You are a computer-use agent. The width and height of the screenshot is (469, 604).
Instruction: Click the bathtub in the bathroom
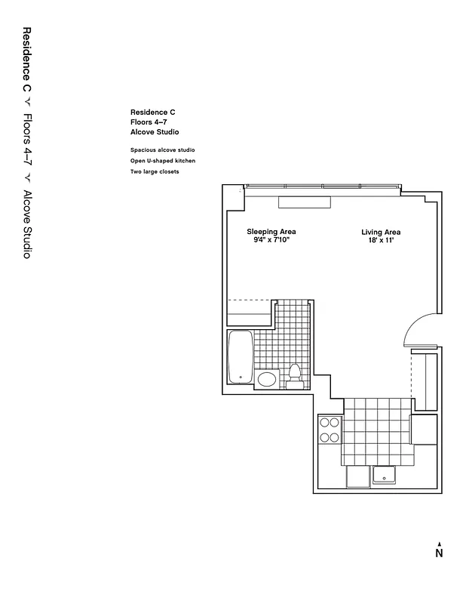241,359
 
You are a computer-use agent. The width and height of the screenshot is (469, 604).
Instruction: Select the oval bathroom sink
266,379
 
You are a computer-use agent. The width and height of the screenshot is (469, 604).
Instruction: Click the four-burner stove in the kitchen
330,430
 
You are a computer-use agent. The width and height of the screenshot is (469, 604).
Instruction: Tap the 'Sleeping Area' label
271,232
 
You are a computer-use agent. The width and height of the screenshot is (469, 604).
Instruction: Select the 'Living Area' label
381,233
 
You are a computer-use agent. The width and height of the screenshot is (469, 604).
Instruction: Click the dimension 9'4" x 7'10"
271,240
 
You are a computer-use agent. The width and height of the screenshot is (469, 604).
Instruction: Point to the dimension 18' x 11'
381,241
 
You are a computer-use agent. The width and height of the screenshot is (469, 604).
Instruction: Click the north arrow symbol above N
439,542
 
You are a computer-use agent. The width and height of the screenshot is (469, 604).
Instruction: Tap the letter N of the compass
439,553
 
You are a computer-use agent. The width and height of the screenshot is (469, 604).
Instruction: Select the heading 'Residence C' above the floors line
153,112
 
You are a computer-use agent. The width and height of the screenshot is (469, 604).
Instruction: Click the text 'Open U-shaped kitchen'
163,161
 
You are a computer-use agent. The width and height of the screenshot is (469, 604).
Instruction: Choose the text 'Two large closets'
155,171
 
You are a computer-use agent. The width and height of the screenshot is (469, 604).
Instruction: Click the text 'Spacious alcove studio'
162,150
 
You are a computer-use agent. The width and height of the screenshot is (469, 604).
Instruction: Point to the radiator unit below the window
304,202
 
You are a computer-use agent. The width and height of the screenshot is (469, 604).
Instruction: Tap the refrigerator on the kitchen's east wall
423,430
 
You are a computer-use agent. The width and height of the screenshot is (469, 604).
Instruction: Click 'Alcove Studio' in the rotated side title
26,225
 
